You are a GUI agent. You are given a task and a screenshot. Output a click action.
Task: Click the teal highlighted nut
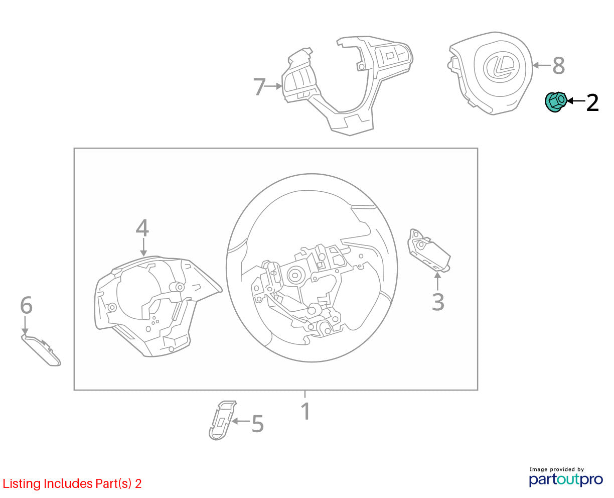point(555,101)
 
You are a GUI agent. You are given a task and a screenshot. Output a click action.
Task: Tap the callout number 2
point(592,102)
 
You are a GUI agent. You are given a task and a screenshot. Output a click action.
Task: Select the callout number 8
point(559,65)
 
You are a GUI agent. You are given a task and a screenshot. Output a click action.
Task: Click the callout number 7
point(259,86)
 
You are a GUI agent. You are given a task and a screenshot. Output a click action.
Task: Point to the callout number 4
point(142,228)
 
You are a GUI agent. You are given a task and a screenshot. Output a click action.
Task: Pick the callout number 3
point(438,302)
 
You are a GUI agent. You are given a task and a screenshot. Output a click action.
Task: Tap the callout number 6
point(26,305)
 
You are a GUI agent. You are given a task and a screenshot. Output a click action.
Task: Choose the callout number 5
point(258,424)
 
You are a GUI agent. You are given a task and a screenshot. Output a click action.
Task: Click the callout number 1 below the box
point(306,411)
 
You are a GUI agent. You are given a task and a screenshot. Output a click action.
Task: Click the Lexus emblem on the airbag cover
point(500,66)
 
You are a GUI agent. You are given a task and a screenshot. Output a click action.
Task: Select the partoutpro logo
point(566,479)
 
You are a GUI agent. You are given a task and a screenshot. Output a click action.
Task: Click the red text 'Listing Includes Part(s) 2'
point(72,484)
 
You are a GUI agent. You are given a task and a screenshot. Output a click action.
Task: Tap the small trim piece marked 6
point(41,350)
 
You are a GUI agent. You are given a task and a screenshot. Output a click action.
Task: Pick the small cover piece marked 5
point(222,420)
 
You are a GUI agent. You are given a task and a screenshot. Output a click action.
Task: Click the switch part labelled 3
point(429,251)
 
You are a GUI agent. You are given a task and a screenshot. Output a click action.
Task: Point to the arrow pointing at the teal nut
point(576,101)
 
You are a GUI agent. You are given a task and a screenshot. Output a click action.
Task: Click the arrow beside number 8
point(542,65)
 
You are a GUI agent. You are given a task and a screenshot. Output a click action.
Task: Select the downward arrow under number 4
point(143,248)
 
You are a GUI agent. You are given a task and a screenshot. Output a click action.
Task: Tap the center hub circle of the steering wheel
point(294,275)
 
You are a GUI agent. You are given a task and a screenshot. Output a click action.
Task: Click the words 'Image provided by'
point(557,470)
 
